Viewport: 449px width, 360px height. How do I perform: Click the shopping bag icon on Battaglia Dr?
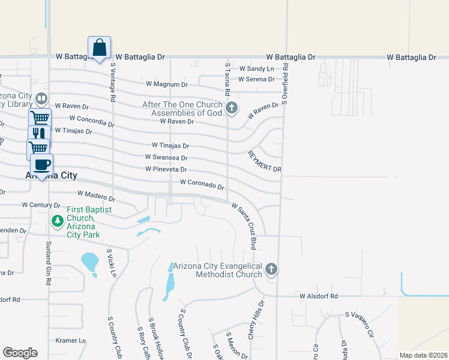click(x=100, y=47)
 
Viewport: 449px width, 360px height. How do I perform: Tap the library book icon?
click(x=41, y=98)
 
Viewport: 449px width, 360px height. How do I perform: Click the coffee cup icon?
click(x=41, y=164)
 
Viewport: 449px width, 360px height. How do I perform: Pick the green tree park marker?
click(x=58, y=221)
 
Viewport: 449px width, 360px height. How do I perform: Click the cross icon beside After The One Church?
click(x=232, y=109)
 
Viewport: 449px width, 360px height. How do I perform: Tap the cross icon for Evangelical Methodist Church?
click(x=271, y=269)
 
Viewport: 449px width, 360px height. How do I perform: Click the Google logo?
click(x=20, y=353)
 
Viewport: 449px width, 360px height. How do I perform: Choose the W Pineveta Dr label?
click(x=166, y=170)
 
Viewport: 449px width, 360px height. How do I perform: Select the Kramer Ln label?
click(x=68, y=340)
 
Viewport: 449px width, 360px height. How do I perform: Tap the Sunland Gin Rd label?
click(x=47, y=263)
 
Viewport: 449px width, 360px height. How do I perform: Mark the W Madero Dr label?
click(x=96, y=196)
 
